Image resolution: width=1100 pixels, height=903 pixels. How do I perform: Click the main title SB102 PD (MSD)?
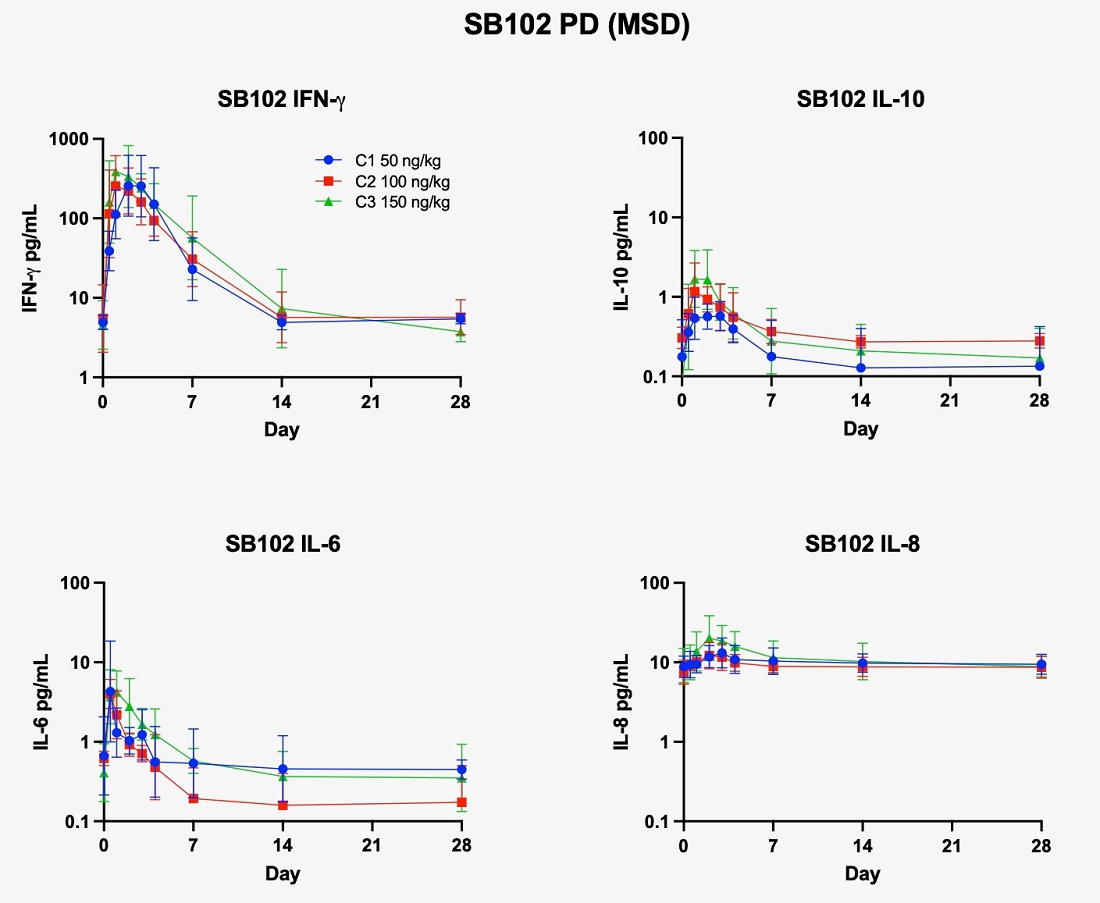tap(577, 26)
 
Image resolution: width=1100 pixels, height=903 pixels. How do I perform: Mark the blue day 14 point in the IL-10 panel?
tap(861, 368)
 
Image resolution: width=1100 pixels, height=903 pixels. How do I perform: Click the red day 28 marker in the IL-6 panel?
tap(461, 802)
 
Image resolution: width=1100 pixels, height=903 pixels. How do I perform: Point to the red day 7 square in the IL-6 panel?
tap(192, 798)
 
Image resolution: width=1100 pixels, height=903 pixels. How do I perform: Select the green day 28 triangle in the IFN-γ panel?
tap(461, 332)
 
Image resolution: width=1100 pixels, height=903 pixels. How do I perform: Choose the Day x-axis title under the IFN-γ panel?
tap(282, 430)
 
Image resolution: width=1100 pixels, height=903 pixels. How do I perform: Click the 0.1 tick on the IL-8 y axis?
tap(655, 821)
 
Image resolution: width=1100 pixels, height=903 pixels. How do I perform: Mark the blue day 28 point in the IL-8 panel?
tap(1040, 665)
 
